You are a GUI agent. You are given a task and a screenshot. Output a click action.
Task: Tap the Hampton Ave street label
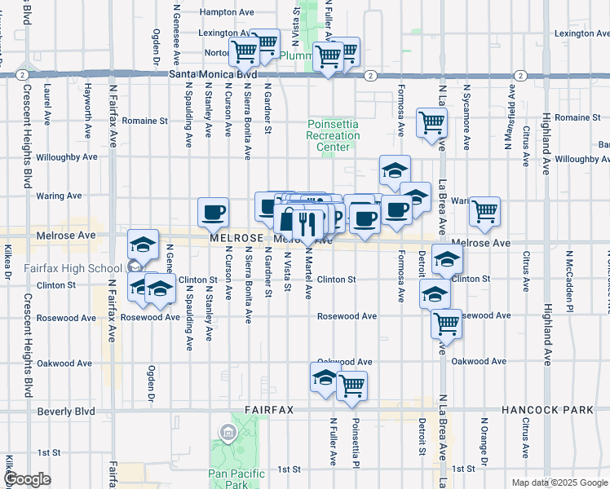(228, 12)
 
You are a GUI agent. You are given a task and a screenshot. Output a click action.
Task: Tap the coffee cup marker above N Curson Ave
(214, 213)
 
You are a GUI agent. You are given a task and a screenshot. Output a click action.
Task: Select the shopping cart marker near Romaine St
(431, 122)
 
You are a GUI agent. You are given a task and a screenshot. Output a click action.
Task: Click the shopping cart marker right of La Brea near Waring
(484, 211)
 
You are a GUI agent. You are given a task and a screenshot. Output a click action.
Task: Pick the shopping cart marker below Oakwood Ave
(351, 385)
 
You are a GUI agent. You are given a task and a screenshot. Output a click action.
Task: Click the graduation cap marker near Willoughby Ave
(395, 170)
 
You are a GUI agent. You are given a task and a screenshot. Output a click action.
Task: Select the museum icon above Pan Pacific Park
(228, 430)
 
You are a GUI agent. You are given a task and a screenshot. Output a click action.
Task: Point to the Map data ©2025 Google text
(559, 482)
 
